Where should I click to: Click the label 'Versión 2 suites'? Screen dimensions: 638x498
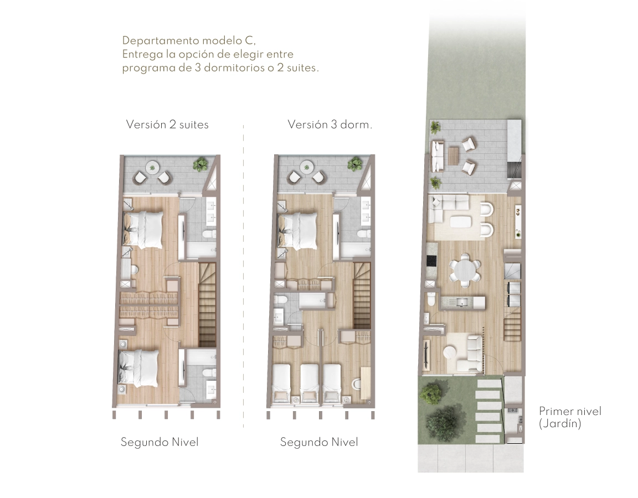(167, 124)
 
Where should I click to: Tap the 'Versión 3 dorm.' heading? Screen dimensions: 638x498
(330, 124)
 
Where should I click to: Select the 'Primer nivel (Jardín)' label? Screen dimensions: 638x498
(570, 418)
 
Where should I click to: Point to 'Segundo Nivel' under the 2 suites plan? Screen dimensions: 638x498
(159, 442)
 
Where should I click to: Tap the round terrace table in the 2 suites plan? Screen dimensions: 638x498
(153, 167)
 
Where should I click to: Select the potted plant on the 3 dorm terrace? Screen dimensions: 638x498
(355, 163)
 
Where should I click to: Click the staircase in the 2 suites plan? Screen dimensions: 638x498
(207, 304)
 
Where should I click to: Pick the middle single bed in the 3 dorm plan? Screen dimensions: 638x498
(309, 383)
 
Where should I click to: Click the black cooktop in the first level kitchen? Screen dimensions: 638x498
(430, 260)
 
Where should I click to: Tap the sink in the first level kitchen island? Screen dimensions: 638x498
(462, 302)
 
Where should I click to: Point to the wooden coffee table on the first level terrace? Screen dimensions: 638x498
(453, 155)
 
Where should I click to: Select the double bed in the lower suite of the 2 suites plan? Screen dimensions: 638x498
(138, 369)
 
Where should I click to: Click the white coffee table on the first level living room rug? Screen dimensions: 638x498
(461, 221)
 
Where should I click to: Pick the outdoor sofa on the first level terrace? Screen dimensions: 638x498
(438, 155)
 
